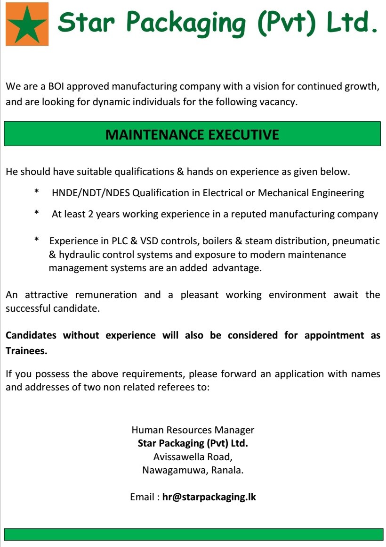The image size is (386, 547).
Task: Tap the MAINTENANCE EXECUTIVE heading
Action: click(x=192, y=134)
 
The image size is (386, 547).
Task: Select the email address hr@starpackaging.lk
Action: click(x=209, y=497)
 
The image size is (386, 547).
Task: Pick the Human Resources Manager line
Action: click(x=193, y=430)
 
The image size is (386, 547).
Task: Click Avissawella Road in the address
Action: click(x=193, y=456)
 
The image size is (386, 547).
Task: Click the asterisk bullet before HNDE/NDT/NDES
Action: click(x=37, y=193)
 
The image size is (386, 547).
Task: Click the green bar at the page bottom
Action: click(x=193, y=534)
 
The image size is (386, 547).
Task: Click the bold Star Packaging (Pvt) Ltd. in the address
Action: click(x=193, y=443)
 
